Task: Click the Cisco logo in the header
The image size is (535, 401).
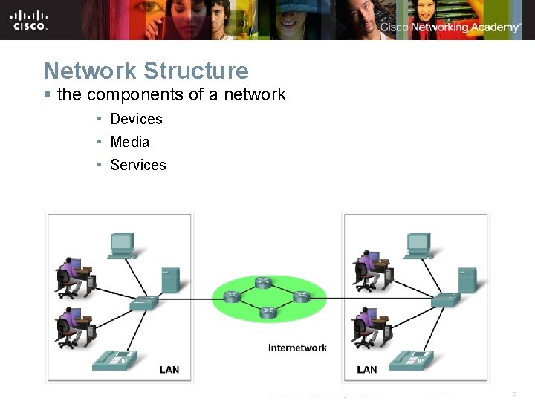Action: pyautogui.click(x=30, y=20)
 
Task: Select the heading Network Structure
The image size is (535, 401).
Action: pyautogui.click(x=146, y=71)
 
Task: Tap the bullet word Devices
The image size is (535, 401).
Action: pyautogui.click(x=136, y=119)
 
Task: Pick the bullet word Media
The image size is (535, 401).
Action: pyautogui.click(x=129, y=142)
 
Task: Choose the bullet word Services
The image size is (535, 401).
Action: pyautogui.click(x=137, y=165)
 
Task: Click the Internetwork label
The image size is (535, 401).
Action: pyautogui.click(x=297, y=348)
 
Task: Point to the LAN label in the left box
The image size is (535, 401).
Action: pyautogui.click(x=169, y=369)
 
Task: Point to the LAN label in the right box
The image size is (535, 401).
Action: pyautogui.click(x=366, y=369)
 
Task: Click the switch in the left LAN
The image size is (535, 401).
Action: pyautogui.click(x=143, y=302)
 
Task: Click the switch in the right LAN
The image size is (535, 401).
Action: pyautogui.click(x=446, y=299)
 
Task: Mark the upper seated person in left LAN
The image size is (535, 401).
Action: pyautogui.click(x=71, y=276)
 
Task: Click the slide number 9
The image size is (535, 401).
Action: pyautogui.click(x=514, y=394)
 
